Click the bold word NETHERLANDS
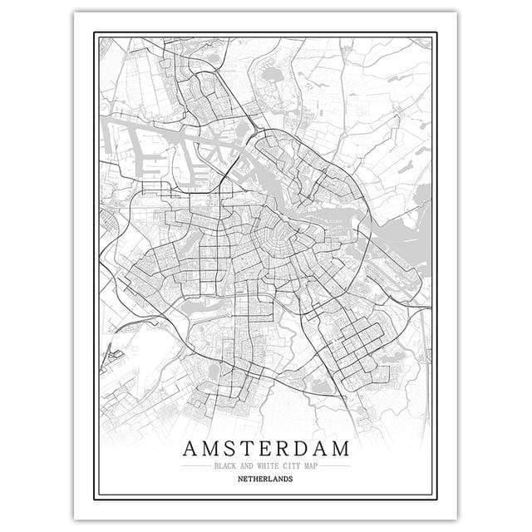(x=266, y=480)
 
